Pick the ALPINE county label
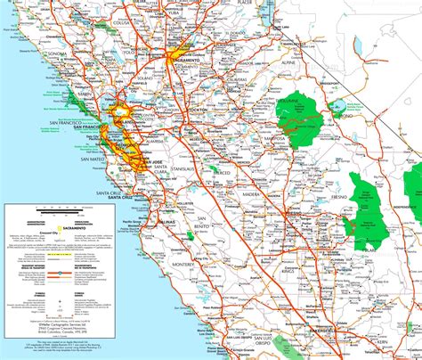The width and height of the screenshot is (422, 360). click(261, 64)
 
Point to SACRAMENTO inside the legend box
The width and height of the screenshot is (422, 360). click(76, 227)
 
